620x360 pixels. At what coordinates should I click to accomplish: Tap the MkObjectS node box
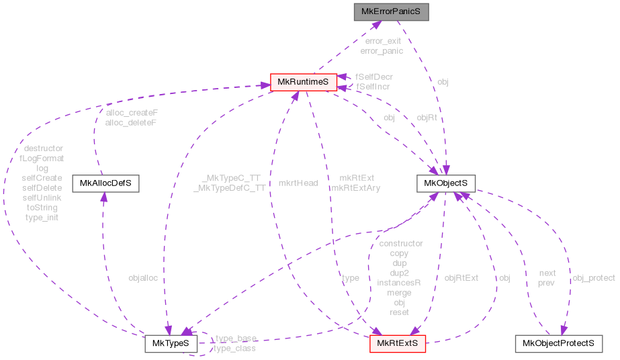point(445,183)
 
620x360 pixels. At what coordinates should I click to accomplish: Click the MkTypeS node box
point(171,344)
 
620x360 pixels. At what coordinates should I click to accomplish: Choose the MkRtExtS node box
point(398,344)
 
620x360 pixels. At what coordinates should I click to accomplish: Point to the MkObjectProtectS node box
point(558,344)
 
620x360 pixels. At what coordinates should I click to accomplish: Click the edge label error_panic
point(381,50)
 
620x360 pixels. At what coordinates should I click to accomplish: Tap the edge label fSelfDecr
point(374,77)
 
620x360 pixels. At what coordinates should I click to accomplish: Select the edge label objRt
point(427,118)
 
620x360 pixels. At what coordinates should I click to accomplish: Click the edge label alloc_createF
point(132,113)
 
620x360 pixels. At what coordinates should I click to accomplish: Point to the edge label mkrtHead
point(298,183)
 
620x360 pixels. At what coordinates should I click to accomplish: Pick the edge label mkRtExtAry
point(356,188)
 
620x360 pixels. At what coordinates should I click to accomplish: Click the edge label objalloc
point(143,277)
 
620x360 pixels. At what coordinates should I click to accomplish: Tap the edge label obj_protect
point(593,277)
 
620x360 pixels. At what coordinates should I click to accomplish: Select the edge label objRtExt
point(461,277)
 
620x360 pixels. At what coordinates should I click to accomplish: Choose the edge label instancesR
point(398,283)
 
